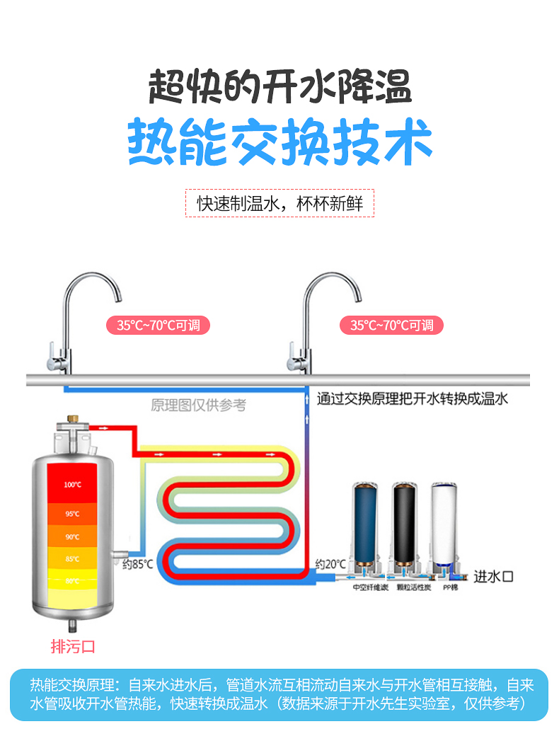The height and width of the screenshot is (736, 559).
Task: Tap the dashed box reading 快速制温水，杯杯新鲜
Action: [279, 203]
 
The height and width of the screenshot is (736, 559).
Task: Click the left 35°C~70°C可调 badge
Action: [159, 326]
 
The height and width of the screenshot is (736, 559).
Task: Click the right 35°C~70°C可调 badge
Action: [391, 326]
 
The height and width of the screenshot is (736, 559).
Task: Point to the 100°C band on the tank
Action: [71, 485]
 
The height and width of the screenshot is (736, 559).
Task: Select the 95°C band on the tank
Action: [71, 514]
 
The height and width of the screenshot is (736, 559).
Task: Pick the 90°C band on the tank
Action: [71, 536]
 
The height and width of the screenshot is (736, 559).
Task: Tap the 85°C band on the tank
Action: [71, 559]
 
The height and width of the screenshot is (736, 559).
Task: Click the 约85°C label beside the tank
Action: [137, 565]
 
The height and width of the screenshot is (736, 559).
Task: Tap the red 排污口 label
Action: [72, 646]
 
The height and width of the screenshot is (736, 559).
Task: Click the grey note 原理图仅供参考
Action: [199, 406]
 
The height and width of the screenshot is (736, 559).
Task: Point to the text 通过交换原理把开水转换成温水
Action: [413, 399]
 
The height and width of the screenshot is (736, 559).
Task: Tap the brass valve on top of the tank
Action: [71, 427]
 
